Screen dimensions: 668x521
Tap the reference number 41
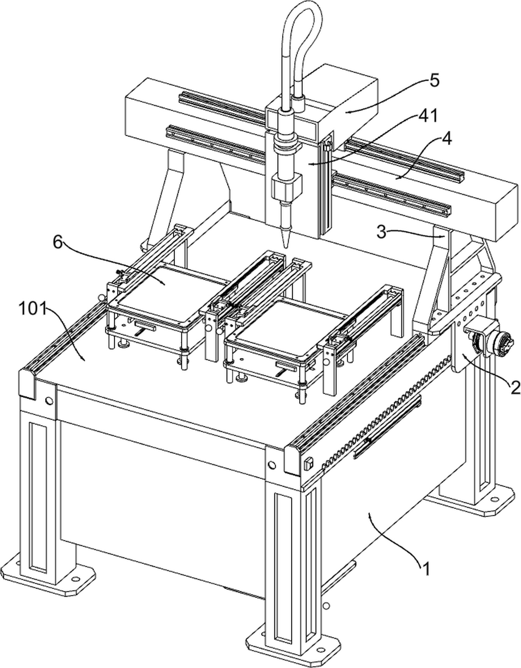point(428,115)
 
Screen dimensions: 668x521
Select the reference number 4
point(447,139)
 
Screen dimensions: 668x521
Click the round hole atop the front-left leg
point(49,400)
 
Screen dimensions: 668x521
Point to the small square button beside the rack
point(309,463)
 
